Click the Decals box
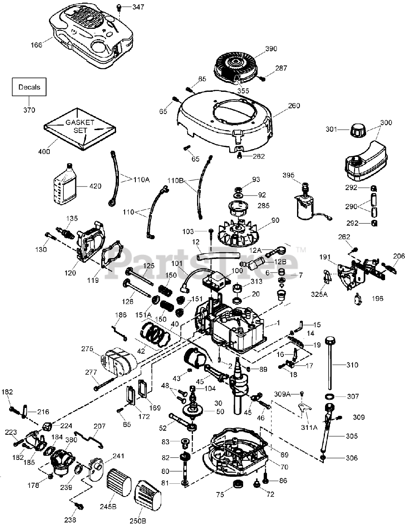(x=29, y=87)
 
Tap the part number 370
(x=29, y=110)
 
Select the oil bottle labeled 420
(x=65, y=183)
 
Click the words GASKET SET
(x=80, y=126)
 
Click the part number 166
(x=36, y=45)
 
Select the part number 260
(x=294, y=105)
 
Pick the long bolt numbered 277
(x=104, y=383)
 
